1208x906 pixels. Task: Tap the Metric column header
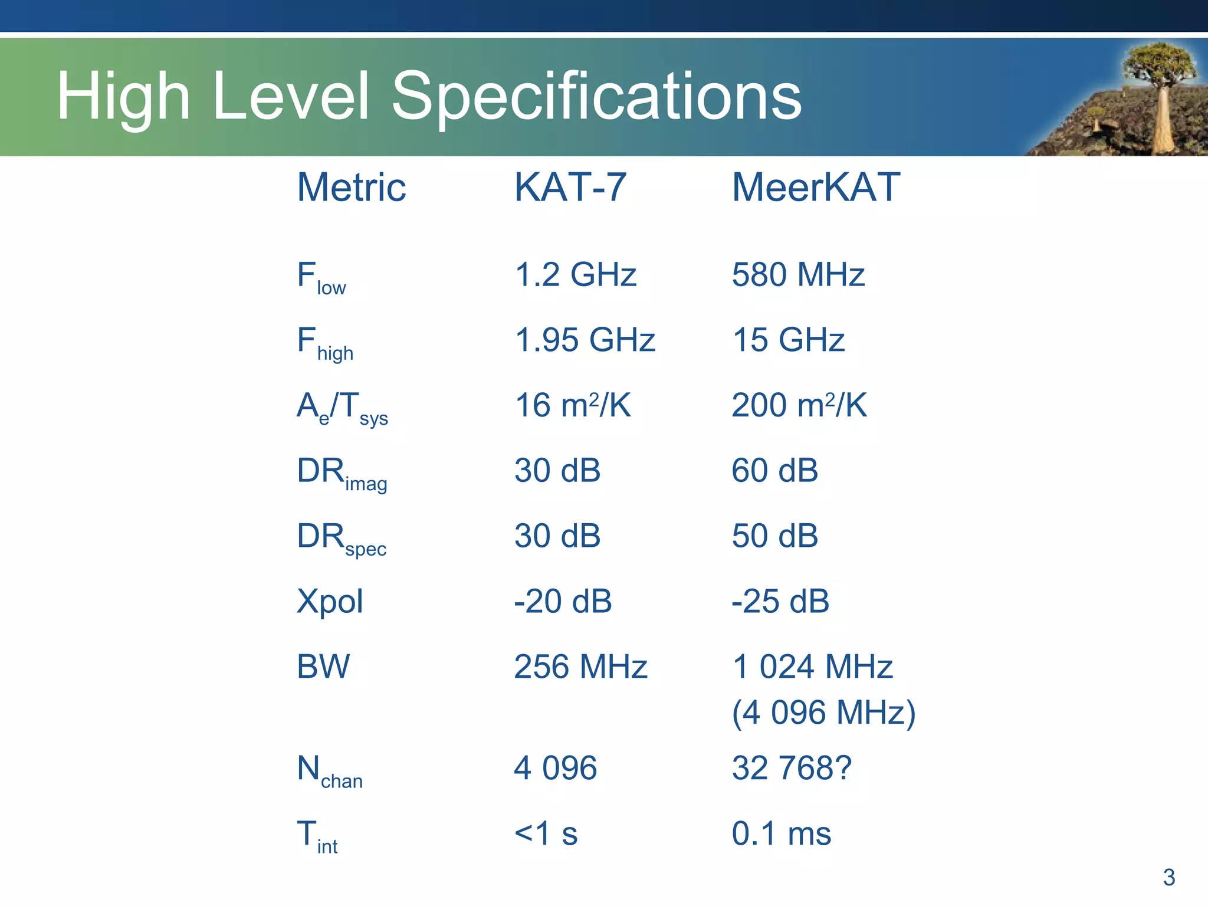[x=352, y=188]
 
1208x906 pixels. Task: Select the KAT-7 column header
[x=570, y=188]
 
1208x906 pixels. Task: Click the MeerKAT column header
[x=816, y=188]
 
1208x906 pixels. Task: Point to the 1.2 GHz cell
[x=575, y=275]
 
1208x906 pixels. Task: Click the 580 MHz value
[x=798, y=275]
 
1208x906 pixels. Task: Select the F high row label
[x=325, y=343]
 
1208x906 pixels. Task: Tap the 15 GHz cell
[x=788, y=340]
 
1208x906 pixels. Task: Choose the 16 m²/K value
[x=572, y=405]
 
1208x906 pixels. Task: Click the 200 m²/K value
[x=799, y=405]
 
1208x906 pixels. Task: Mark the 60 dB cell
[x=774, y=471]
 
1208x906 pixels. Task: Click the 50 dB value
[x=774, y=536]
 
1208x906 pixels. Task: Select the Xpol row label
[x=330, y=602]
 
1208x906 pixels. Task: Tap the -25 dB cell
[x=780, y=602]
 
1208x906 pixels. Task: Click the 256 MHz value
[x=580, y=667]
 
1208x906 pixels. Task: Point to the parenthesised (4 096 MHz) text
[x=823, y=713]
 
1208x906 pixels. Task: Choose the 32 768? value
[x=792, y=769]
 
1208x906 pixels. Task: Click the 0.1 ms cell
[x=781, y=834]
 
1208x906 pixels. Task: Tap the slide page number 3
[x=1168, y=878]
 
